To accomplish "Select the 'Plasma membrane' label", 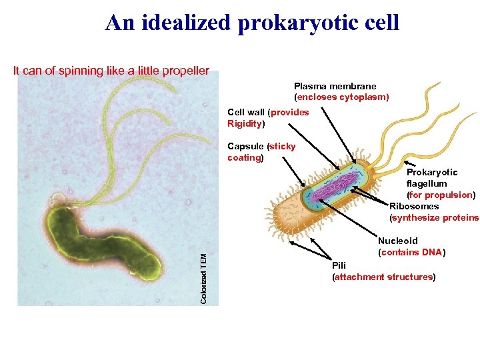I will coord(335,86).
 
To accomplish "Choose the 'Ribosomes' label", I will coord(414,206).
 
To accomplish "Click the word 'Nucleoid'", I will coord(398,241).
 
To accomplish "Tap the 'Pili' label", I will coord(339,265).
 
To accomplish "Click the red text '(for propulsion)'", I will coord(441,195).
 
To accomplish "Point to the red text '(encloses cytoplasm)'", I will coord(341,97).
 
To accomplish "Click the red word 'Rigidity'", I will coord(244,124).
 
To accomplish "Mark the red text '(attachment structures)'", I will coord(384,277).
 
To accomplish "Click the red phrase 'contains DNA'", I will coord(411,252).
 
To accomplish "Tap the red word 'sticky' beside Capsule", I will coord(281,146).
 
